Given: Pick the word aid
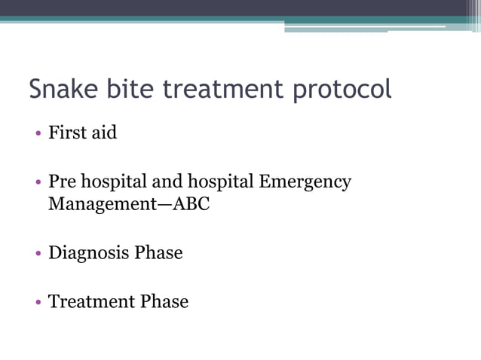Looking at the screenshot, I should pos(103,133).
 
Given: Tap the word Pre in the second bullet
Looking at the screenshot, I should pos(62,182).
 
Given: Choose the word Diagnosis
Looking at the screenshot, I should pos(88,254).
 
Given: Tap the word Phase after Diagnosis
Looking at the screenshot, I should pos(158,253).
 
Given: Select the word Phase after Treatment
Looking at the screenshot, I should pos(164,302).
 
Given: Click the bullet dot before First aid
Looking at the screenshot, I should pos(38,135).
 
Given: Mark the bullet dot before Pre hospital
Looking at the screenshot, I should pos(38,184).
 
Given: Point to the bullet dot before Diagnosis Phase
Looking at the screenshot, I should pos(38,255).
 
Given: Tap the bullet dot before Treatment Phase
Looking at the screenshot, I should pos(38,304).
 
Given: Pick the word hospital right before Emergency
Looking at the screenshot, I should pos(222,183).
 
